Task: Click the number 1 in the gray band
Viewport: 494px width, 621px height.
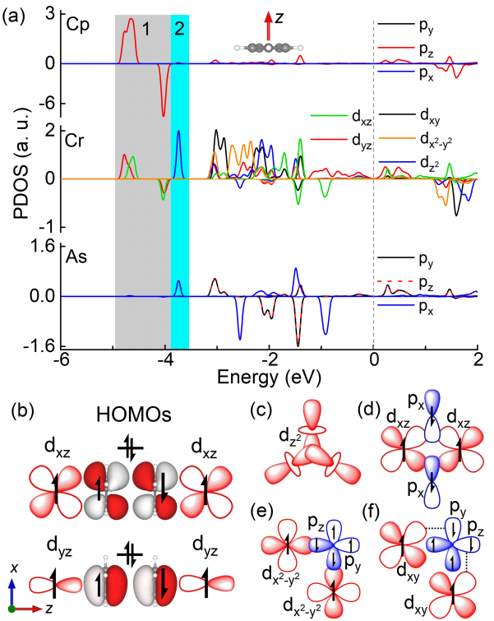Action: pos(145,30)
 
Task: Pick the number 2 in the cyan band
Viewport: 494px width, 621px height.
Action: pos(178,30)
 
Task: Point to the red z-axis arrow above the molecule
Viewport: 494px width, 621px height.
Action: pos(269,24)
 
